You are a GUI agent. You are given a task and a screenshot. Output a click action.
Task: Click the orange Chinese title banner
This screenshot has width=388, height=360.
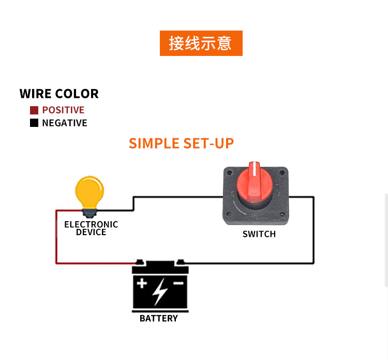[201, 43]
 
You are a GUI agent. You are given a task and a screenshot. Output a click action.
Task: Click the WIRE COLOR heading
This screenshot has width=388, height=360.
[59, 94]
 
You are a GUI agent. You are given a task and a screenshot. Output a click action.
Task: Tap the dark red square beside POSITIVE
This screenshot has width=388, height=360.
[34, 110]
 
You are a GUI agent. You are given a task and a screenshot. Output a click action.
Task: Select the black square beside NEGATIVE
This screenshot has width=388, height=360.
[34, 123]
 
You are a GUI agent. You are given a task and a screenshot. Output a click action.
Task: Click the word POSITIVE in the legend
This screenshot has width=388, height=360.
[63, 110]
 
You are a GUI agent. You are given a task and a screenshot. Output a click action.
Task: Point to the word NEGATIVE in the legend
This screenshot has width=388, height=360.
[65, 123]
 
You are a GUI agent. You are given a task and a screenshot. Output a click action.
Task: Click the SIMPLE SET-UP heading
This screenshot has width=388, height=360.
[181, 143]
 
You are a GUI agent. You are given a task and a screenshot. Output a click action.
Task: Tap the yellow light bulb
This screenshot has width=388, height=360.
[89, 192]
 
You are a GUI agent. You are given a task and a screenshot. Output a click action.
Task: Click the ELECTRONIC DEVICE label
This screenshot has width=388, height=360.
[91, 228]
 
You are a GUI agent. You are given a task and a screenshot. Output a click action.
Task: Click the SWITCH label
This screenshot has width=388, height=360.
[259, 234]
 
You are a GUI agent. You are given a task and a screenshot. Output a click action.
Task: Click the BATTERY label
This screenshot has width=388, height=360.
[159, 319]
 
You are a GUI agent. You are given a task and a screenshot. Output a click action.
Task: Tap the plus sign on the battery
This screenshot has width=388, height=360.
[142, 283]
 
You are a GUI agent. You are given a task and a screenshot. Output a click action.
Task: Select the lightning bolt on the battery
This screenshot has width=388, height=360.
[160, 291]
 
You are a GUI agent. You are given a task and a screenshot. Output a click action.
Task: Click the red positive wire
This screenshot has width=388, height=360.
[56, 238]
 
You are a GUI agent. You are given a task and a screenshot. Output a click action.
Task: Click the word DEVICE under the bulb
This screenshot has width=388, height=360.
[91, 233]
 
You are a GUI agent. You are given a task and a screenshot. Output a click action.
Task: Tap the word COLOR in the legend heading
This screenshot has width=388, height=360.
[77, 94]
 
